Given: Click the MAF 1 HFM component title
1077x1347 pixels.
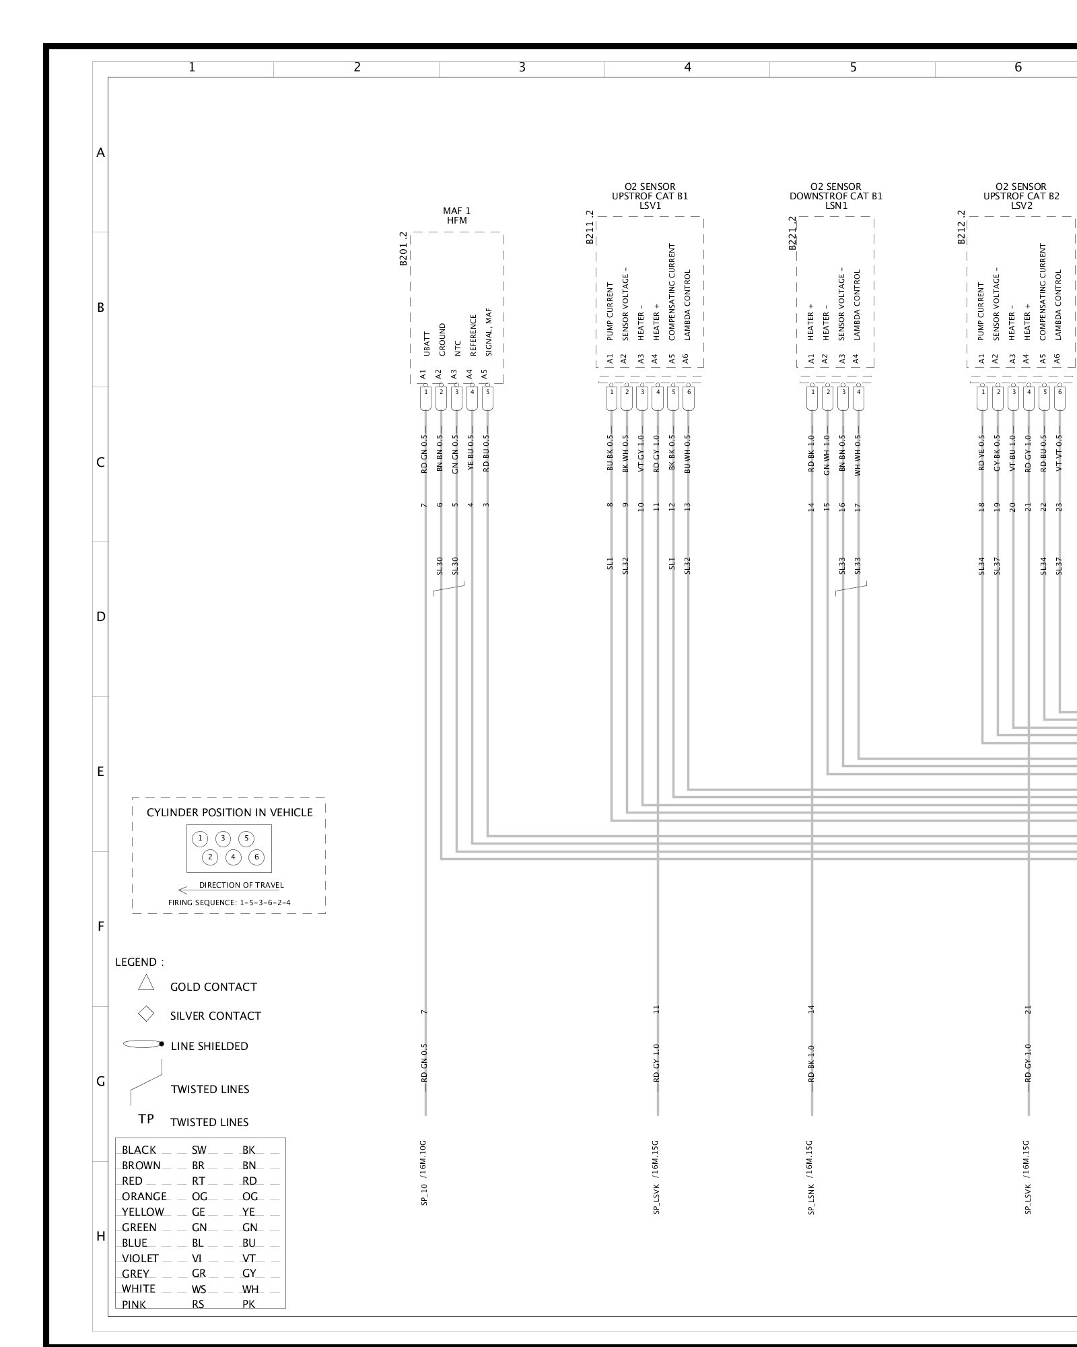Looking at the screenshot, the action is click(x=456, y=216).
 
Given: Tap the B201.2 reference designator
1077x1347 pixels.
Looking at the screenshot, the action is click(x=403, y=249).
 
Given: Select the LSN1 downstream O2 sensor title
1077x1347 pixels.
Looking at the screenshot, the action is click(x=835, y=196).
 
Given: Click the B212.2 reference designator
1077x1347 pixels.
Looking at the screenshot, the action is click(x=961, y=226).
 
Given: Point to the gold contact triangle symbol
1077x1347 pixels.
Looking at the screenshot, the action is click(x=146, y=983).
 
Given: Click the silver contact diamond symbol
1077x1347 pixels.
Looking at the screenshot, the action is click(x=146, y=1014).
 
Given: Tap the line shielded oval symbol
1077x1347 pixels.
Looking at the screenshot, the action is click(x=143, y=1045).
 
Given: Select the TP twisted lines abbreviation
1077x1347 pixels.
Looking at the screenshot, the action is click(x=146, y=1119).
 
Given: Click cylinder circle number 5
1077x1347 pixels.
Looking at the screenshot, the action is click(x=246, y=839).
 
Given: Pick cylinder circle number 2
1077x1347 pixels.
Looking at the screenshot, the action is click(x=211, y=857).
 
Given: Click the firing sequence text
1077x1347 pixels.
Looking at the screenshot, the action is click(x=229, y=902).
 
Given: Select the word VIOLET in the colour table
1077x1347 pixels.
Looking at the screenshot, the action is click(x=140, y=1258).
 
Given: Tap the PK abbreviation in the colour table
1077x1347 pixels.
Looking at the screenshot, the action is click(x=248, y=1305).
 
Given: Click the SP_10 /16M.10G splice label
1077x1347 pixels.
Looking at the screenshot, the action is click(x=425, y=1173).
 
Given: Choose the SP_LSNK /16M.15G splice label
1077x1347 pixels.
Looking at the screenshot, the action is click(x=811, y=1177).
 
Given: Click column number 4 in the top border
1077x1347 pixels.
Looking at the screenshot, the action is click(x=687, y=67).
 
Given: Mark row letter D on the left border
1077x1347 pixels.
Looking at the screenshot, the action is click(x=100, y=616).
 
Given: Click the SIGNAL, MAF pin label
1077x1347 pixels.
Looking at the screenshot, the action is click(x=489, y=332).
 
